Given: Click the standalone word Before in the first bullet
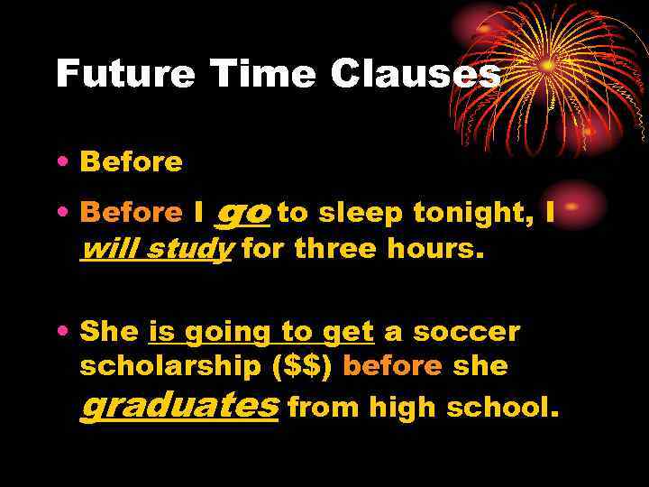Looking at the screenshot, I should click(x=131, y=162).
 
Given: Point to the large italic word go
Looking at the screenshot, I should click(x=243, y=213).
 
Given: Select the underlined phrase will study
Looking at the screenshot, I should click(x=157, y=249).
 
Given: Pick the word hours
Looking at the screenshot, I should click(x=435, y=249).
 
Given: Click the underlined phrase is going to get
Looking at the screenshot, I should click(x=261, y=333).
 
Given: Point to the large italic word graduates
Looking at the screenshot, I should click(x=179, y=406).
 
